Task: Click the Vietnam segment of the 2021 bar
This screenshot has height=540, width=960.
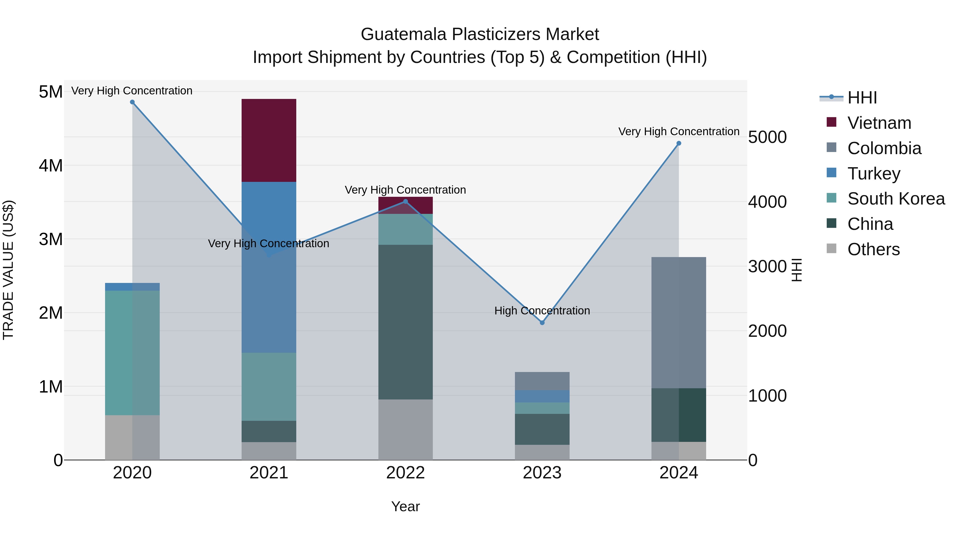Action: pos(269,141)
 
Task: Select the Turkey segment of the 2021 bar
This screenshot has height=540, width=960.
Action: pos(269,267)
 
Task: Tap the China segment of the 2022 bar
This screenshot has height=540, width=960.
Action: pos(405,322)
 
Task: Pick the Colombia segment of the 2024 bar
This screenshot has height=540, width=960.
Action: pos(679,322)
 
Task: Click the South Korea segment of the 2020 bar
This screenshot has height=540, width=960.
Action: pos(132,353)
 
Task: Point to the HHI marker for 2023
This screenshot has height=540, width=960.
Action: pos(542,323)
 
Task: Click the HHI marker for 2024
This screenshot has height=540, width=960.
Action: pos(679,143)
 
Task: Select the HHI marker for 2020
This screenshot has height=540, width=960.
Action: pos(132,102)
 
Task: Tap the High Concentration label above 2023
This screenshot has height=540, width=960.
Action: pos(542,311)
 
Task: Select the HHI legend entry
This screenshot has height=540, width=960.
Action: pos(862,98)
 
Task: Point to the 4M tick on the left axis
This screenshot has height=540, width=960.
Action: pos(51,165)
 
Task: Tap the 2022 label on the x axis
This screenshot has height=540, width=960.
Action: pos(405,473)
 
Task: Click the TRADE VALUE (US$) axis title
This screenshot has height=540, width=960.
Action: pos(8,270)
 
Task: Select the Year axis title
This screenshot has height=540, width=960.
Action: pos(405,506)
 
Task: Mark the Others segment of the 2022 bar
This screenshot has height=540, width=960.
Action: pos(405,430)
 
